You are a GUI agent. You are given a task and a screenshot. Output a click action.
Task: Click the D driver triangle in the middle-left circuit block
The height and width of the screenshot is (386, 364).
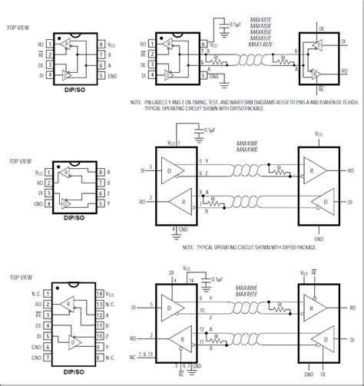(x=170, y=171)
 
